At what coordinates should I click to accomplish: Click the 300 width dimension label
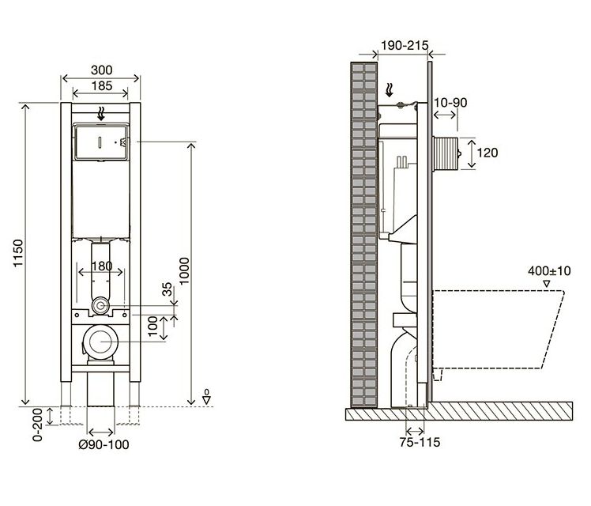pos(101,70)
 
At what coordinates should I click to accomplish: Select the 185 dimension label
pos(101,85)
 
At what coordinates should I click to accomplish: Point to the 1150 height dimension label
pos(18,253)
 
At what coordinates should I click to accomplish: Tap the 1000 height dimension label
pos(184,271)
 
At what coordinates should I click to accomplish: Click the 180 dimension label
pos(101,266)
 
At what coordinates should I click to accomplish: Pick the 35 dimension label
pos(167,289)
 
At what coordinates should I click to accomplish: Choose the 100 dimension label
pos(152,327)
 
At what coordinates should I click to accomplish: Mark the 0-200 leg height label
pos(38,425)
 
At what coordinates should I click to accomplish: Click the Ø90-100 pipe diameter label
pos(104,444)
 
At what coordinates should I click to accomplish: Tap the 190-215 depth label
pos(405,46)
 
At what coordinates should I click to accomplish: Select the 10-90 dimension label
pos(450,103)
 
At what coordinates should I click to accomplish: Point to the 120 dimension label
pos(487,153)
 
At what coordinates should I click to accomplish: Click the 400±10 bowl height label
pos(549,270)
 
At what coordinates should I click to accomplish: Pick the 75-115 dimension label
pos(420,442)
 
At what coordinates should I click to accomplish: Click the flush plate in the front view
pos(101,142)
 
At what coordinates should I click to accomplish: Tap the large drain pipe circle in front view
pos(100,342)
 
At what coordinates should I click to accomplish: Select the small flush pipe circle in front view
pos(100,305)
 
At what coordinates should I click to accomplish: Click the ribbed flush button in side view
pos(446,153)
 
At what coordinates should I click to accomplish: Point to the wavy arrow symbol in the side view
pos(390,90)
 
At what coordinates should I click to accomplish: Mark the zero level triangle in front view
pos(206,400)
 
